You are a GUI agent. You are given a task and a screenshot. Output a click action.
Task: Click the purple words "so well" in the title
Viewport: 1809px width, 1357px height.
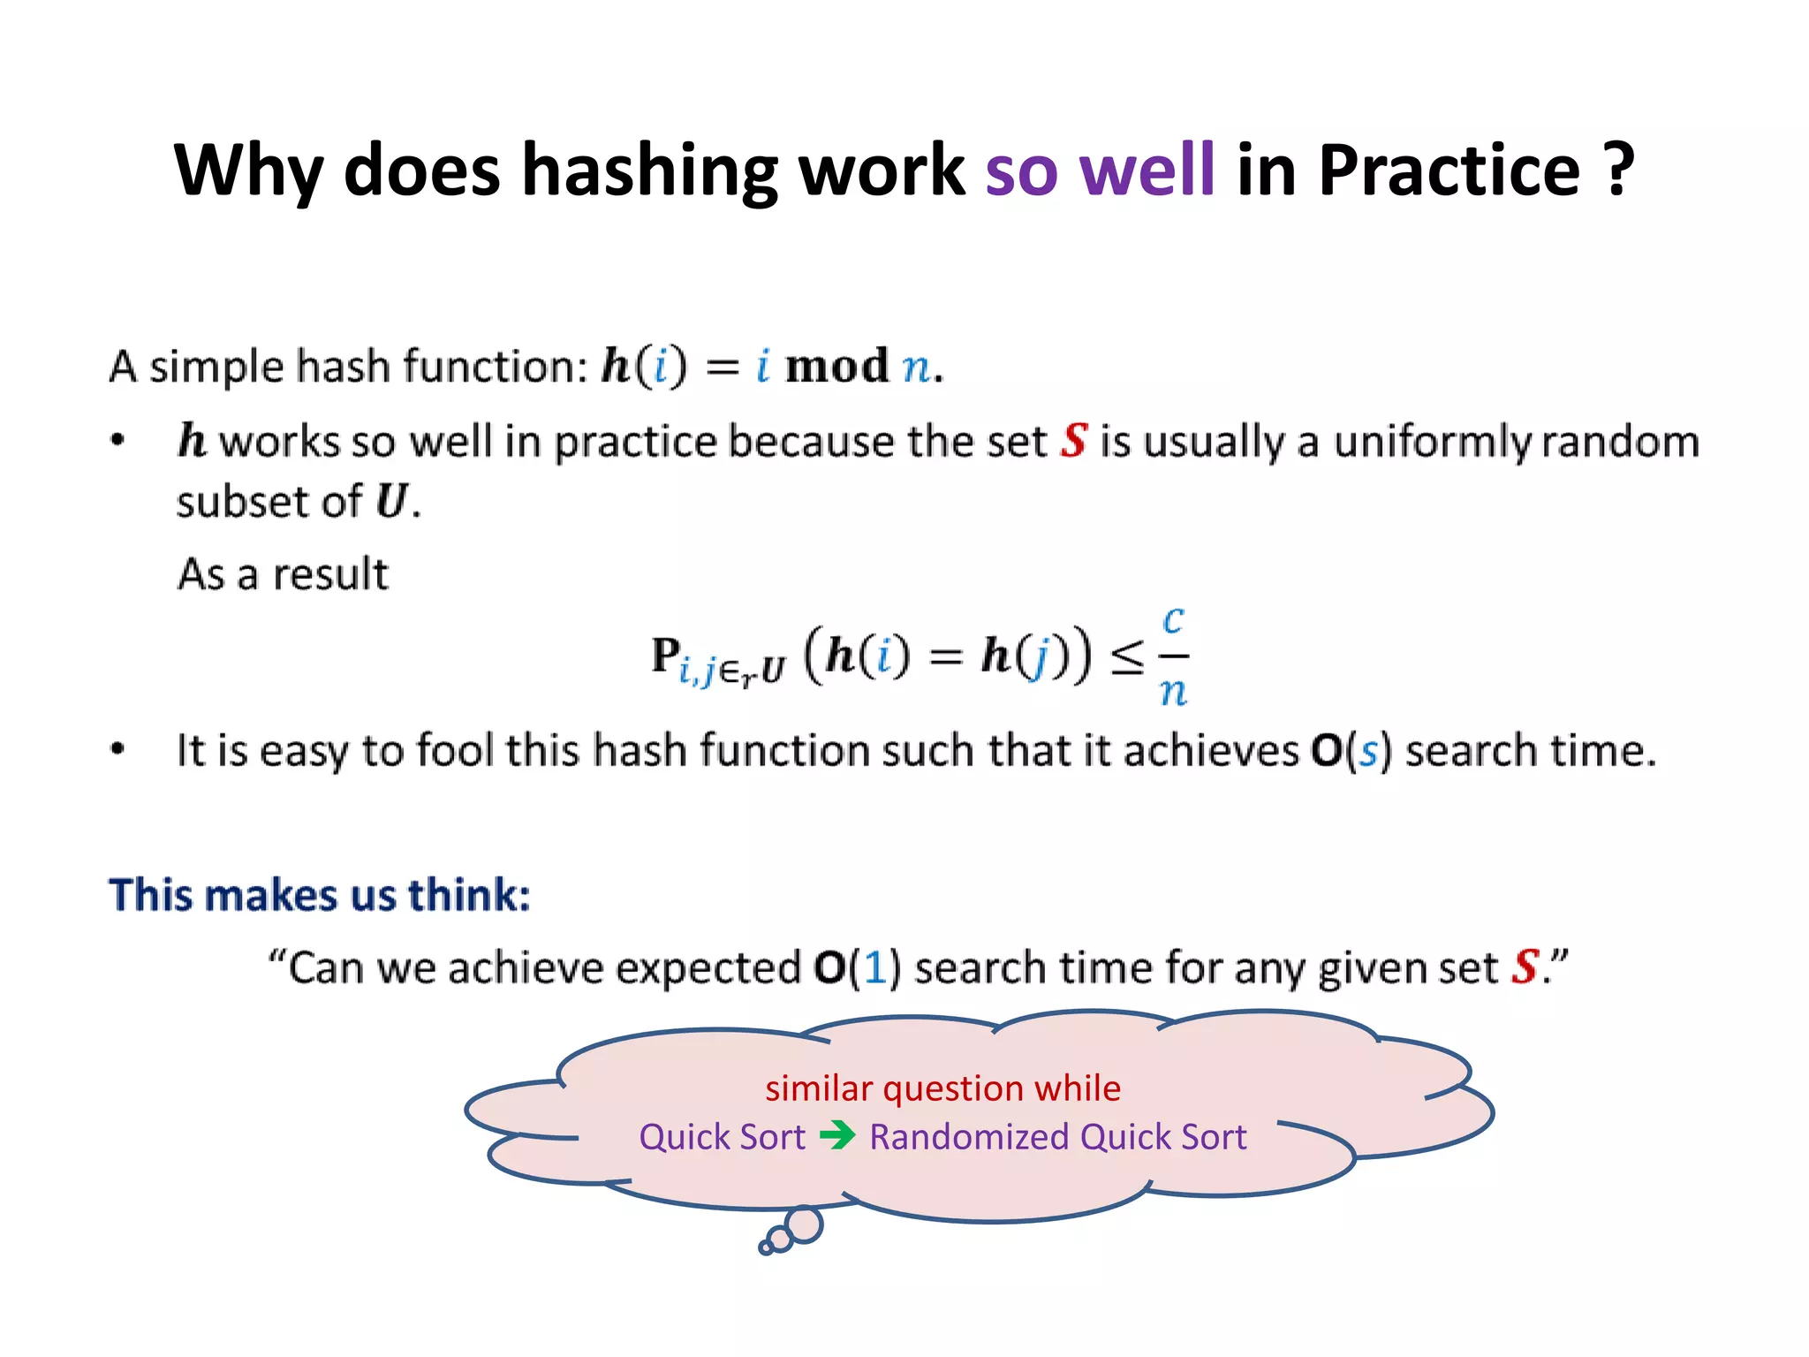pyautogui.click(x=1100, y=170)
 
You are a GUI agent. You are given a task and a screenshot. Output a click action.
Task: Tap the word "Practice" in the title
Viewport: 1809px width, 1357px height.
pyautogui.click(x=1449, y=170)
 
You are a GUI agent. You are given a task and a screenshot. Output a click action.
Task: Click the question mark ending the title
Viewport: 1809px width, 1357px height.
pyautogui.click(x=1618, y=170)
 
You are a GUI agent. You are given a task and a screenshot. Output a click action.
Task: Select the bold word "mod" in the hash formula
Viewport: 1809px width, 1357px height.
pyautogui.click(x=836, y=366)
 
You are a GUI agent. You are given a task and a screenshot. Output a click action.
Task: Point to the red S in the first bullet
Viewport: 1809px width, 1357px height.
pyautogui.click(x=1074, y=440)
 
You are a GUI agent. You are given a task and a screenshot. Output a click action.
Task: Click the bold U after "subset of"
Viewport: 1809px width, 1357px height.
pyautogui.click(x=391, y=501)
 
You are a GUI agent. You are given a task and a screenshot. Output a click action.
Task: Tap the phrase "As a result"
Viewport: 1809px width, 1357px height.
pyautogui.click(x=283, y=574)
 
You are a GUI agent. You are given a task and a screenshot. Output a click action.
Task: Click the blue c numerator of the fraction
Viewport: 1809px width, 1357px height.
pyautogui.click(x=1173, y=620)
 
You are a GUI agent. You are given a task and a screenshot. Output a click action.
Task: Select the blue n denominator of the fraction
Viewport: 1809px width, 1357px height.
pyautogui.click(x=1173, y=691)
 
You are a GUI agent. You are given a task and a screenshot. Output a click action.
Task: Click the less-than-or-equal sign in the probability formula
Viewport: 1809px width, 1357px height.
pyautogui.click(x=1126, y=658)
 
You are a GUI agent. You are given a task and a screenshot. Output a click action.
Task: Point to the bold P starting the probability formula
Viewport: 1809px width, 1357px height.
pyautogui.click(x=665, y=656)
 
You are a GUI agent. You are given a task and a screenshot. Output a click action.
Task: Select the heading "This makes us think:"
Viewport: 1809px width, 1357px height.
pyautogui.click(x=319, y=895)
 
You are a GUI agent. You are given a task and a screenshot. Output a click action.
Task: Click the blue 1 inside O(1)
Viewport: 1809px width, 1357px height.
pyautogui.click(x=874, y=967)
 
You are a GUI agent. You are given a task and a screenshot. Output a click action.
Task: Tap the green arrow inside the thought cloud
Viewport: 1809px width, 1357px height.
pyautogui.click(x=837, y=1135)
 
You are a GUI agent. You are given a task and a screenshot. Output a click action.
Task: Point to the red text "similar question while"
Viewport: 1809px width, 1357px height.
pyautogui.click(x=942, y=1088)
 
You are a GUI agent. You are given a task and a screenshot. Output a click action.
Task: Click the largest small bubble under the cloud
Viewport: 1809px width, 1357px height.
pyautogui.click(x=804, y=1225)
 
